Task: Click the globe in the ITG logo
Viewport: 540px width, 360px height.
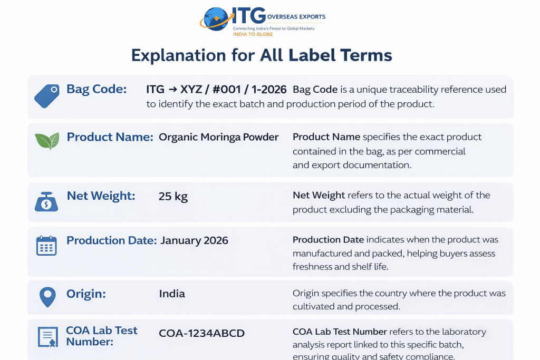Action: (216, 20)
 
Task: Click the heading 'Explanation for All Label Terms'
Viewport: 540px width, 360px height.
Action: (262, 55)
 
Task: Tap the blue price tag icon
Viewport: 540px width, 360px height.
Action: (47, 96)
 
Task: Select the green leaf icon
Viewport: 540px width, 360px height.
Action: (47, 141)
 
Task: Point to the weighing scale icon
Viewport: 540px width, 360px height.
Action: (46, 201)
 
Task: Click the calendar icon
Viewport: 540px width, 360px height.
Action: (46, 246)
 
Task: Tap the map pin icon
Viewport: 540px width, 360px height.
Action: (47, 297)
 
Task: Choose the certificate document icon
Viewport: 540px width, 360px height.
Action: (47, 337)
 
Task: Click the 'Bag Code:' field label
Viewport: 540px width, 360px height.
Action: (97, 89)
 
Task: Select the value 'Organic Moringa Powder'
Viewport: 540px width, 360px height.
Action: (219, 138)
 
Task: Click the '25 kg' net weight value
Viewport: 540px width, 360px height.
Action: (173, 196)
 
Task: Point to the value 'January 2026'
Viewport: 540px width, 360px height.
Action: (194, 240)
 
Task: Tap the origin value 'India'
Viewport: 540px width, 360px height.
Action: (172, 294)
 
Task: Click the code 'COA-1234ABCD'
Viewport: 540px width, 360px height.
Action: (202, 333)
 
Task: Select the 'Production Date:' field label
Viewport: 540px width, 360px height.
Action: (112, 240)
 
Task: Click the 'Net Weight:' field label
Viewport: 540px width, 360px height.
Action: (101, 196)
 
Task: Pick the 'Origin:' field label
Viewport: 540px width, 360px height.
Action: (86, 294)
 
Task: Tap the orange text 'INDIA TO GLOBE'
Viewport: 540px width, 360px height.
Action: (253, 34)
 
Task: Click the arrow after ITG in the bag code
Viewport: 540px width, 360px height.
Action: (173, 90)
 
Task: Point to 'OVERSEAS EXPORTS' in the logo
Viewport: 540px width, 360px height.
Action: (296, 16)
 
